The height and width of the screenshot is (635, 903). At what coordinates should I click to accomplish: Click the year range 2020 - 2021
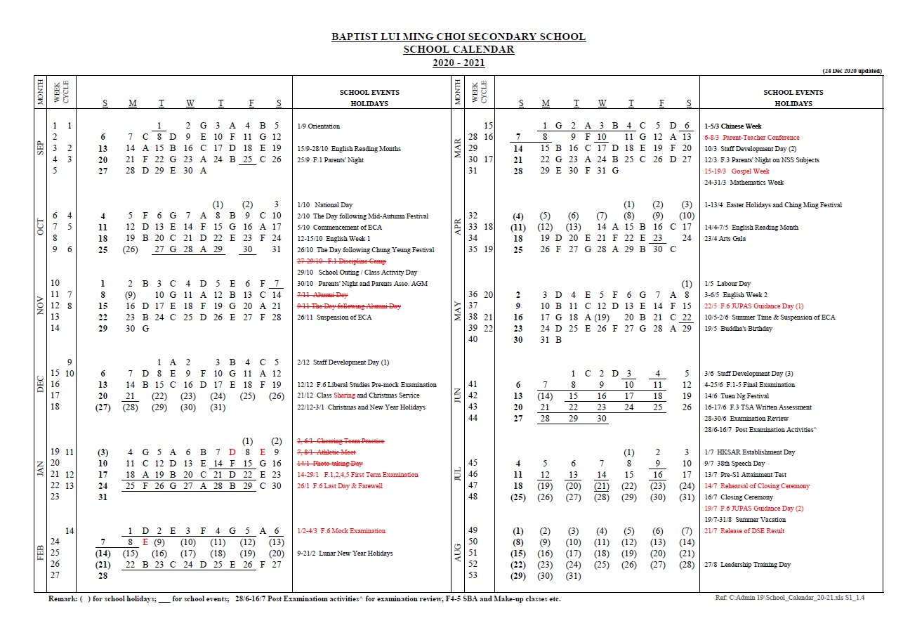(459, 63)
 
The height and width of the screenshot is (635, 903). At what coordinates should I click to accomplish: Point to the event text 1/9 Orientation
(319, 126)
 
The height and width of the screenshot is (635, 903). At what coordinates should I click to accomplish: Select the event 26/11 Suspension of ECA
(334, 317)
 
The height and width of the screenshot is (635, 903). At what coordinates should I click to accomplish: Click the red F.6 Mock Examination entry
(341, 531)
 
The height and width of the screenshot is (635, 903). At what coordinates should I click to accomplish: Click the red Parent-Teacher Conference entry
(752, 138)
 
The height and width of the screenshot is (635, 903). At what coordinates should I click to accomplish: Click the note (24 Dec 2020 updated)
(852, 71)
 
